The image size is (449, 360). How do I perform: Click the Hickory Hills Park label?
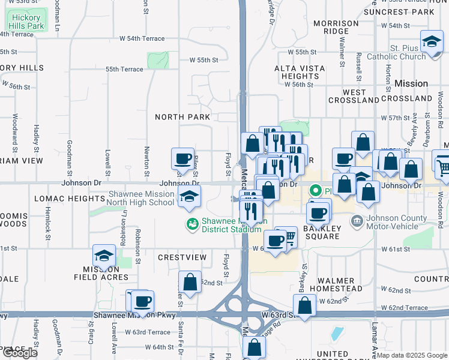click(27, 22)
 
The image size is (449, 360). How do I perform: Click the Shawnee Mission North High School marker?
click(189, 196)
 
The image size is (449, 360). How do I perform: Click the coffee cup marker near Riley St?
click(182, 160)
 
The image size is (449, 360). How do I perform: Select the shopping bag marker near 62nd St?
click(190, 283)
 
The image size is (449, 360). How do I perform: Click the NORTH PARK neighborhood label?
click(182, 116)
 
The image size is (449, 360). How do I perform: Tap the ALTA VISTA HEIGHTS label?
click(300, 72)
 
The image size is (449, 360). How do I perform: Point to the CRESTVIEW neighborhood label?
click(182, 257)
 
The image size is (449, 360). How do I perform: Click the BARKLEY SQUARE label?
click(322, 232)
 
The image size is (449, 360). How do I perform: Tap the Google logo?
click(20, 353)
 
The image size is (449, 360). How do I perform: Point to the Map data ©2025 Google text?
click(412, 355)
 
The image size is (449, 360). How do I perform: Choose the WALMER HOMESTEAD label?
click(340, 284)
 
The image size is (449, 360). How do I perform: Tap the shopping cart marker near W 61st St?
click(287, 238)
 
